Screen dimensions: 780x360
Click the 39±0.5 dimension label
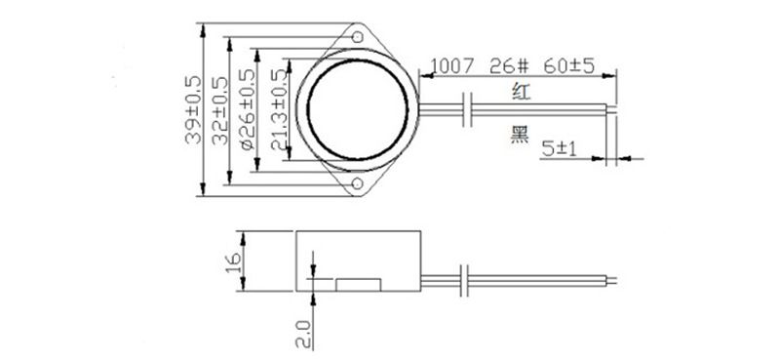coord(193,110)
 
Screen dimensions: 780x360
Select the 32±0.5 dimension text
coord(219,110)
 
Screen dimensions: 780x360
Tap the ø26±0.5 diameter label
coord(247,109)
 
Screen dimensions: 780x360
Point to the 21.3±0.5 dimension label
coord(279,109)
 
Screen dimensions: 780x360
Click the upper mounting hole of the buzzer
coord(357,37)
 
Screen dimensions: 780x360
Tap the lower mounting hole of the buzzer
coord(357,183)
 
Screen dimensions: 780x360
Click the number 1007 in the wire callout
coord(452,66)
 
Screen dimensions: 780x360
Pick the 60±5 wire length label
coord(569,66)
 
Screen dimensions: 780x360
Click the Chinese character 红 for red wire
coord(522,92)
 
